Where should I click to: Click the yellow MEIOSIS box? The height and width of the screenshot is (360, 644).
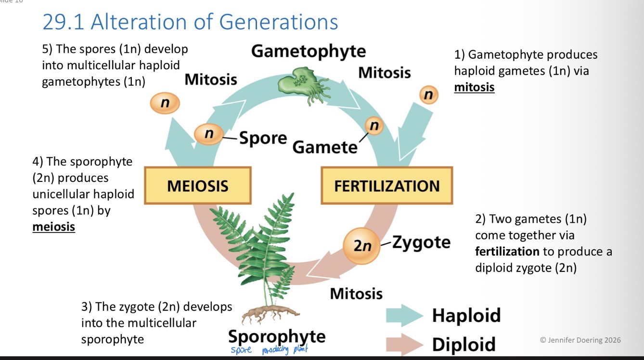tap(198, 186)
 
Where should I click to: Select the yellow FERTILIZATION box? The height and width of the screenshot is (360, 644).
tap(387, 186)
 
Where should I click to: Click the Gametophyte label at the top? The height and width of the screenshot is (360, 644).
tap(309, 51)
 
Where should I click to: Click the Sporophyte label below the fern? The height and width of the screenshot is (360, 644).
tap(276, 335)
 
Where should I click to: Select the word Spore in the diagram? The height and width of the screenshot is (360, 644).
tap(263, 138)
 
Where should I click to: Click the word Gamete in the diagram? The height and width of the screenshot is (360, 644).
tap(325, 147)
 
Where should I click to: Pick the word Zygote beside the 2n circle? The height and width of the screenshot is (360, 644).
tap(421, 242)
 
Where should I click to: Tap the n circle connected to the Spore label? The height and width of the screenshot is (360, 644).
tap(208, 134)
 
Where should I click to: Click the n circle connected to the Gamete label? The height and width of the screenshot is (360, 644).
tap(374, 126)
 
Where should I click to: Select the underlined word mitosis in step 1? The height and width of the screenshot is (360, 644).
tap(474, 87)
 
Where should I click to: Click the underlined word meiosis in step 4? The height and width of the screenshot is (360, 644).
tap(53, 226)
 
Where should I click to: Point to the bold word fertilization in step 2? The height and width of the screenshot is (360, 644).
tap(507, 251)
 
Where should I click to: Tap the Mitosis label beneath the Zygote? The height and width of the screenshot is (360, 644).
tap(356, 293)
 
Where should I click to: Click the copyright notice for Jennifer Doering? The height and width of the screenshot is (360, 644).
tap(580, 340)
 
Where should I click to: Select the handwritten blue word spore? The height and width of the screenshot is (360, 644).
tap(241, 350)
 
